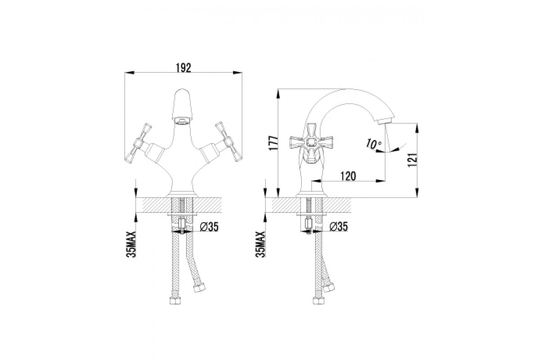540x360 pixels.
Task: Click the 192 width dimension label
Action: coord(184,68)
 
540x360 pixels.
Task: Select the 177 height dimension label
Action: coord(274,143)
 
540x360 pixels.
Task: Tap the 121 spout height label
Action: coord(412,160)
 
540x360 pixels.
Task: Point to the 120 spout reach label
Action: coord(348,176)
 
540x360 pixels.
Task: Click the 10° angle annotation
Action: coord(373,144)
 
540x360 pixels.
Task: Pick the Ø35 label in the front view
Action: coord(209,227)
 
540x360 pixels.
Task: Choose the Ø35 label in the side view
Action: coord(339,227)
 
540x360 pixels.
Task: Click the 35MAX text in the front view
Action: coord(131,244)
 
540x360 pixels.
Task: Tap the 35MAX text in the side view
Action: coord(261,244)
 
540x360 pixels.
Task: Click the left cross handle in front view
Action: coord(139,143)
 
